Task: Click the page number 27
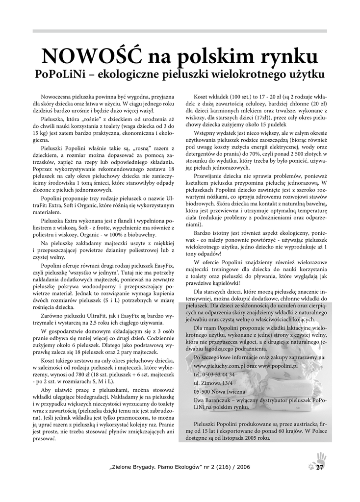click(x=320, y=467)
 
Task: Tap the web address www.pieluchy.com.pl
click(x=219, y=365)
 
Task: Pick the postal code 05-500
click(x=203, y=391)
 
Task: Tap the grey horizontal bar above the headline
click(x=180, y=31)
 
